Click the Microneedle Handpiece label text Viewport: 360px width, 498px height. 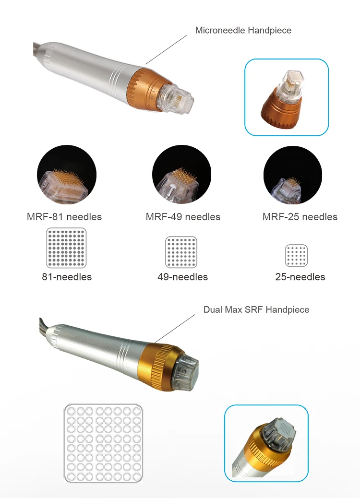click(243, 31)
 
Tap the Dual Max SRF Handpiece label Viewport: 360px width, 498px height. click(256, 309)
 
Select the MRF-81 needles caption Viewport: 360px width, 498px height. click(64, 217)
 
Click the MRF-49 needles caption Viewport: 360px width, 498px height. click(183, 217)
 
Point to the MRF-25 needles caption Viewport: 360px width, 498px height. click(300, 217)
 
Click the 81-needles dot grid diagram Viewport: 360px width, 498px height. click(66, 248)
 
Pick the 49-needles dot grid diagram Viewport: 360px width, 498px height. click(181, 252)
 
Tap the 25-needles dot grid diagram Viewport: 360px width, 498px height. click(297, 255)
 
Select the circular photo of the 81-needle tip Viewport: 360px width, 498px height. click(67, 175)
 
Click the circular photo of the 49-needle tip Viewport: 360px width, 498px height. click(182, 174)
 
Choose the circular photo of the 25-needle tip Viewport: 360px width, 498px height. click(293, 175)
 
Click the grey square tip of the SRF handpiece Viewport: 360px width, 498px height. click(186, 372)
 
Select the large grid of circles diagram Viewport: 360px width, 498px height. click(103, 443)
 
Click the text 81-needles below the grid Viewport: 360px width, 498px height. click(67, 277)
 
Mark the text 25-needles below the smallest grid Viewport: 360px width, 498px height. click(300, 277)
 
